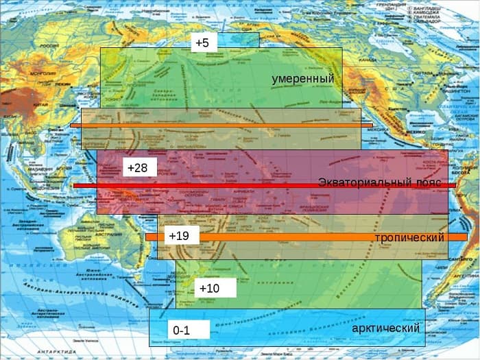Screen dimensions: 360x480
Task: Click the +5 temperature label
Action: tap(202, 43)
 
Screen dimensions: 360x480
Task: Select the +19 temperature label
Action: tap(180, 236)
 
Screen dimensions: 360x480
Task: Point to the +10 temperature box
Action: tap(210, 288)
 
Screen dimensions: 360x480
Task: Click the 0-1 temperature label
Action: tap(182, 331)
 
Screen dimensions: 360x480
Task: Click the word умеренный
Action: tap(302, 79)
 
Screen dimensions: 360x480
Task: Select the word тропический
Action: tap(409, 237)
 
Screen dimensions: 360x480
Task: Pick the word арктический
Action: tap(385, 328)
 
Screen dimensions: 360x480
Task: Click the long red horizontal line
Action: tap(264, 186)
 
